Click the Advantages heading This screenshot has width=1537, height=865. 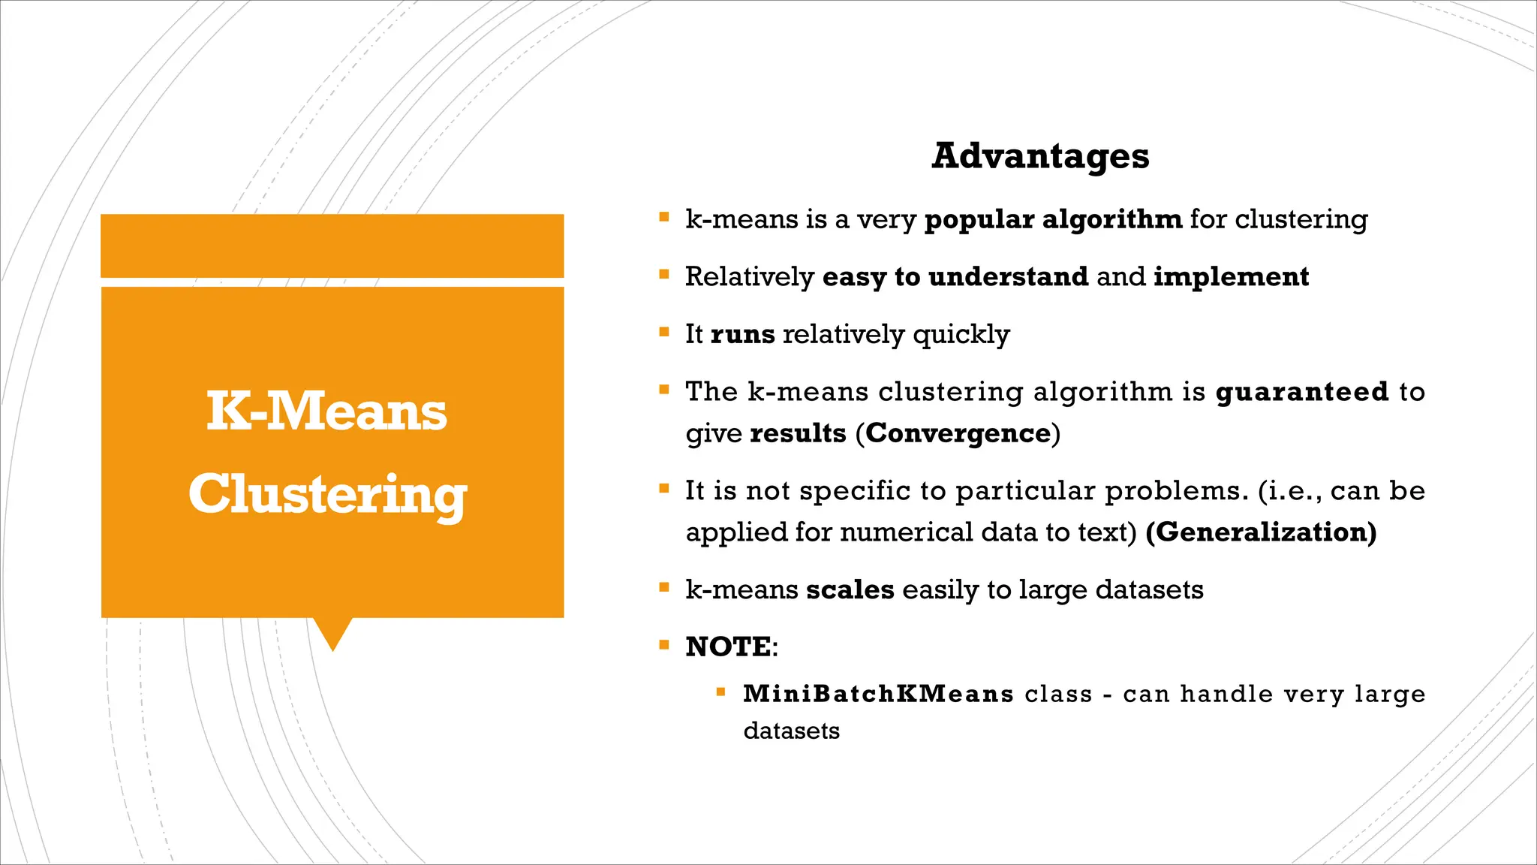tap(1040, 156)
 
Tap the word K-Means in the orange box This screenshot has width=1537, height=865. tap(327, 411)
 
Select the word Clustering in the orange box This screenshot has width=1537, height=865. tap(328, 495)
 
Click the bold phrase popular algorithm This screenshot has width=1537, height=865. tap(1053, 219)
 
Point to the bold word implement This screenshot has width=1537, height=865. tap(1231, 277)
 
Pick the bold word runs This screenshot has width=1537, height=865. tap(742, 334)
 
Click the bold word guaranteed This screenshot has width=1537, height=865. tap(1302, 392)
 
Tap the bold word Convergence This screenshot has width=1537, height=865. tap(958, 433)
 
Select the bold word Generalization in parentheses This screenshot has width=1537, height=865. tap(1261, 532)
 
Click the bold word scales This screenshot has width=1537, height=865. tap(850, 590)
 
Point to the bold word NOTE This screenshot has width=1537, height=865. tap(728, 646)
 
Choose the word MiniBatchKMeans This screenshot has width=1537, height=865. tap(878, 694)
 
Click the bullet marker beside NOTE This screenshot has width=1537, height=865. tap(663, 645)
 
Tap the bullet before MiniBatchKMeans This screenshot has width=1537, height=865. tap(720, 692)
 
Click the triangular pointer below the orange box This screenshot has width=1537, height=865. tap(332, 632)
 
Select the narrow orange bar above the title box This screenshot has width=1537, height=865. tap(332, 246)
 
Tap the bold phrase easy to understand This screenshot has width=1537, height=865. tap(955, 277)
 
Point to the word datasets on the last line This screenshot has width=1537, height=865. tap(791, 731)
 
